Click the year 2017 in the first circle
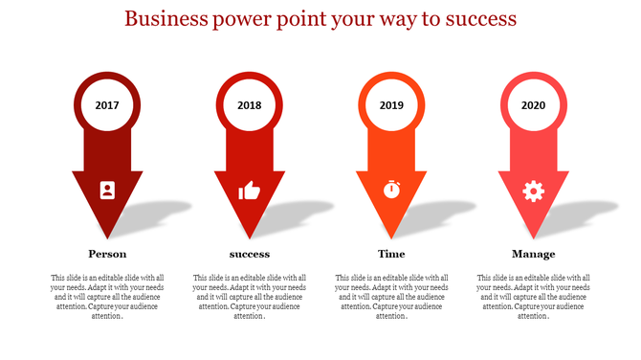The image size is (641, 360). (107, 104)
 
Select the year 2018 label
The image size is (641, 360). (249, 104)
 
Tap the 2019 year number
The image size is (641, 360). (391, 104)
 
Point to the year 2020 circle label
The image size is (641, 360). (533, 104)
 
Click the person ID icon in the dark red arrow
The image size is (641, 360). (107, 190)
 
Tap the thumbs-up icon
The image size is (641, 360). (249, 191)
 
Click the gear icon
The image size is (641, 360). (533, 191)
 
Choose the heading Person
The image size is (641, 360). (107, 254)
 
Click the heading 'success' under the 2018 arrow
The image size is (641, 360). (249, 254)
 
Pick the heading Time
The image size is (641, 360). (391, 254)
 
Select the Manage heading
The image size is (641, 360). (533, 254)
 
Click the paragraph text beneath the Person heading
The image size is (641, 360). (107, 296)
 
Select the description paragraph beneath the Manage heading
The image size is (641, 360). (533, 296)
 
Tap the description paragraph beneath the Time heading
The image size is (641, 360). (391, 296)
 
